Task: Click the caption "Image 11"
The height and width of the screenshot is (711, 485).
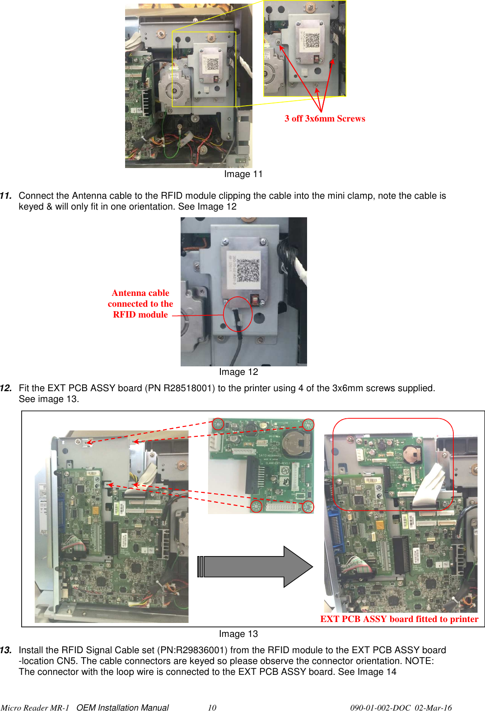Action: (x=243, y=174)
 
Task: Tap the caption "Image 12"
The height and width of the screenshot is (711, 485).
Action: (x=238, y=372)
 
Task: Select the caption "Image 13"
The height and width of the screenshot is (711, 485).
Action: (x=238, y=634)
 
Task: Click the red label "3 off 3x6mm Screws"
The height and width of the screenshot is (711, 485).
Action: (x=325, y=119)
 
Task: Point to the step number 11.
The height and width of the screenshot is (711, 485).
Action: (x=6, y=196)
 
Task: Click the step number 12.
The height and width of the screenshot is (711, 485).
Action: (x=6, y=388)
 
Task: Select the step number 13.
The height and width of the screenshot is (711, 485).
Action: (x=6, y=650)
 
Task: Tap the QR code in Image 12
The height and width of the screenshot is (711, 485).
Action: (x=248, y=270)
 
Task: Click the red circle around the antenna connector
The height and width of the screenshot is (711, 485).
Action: (x=238, y=314)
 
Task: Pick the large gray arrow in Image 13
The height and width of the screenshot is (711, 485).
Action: (x=256, y=566)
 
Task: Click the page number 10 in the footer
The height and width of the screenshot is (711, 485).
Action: (x=212, y=707)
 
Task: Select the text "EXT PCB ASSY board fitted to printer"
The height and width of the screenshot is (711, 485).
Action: (x=399, y=619)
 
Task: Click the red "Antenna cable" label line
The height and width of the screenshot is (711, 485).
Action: (x=140, y=293)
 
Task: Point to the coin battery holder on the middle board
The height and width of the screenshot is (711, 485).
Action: (x=297, y=442)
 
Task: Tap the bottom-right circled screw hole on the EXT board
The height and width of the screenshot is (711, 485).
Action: (x=308, y=507)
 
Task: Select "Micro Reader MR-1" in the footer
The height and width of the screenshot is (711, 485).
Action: (x=35, y=707)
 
